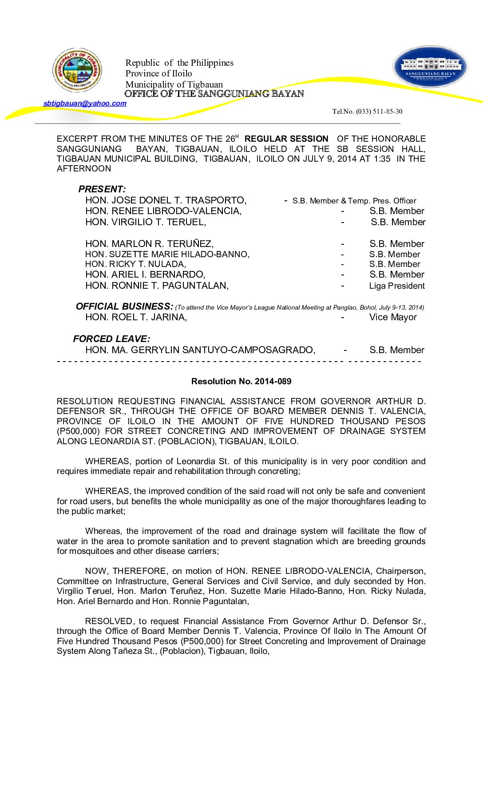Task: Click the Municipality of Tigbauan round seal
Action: [77, 70]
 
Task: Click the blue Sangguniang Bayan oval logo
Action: [430, 67]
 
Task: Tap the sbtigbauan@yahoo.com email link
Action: [85, 103]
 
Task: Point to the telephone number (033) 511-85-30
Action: [367, 111]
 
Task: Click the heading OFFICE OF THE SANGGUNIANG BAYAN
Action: [214, 94]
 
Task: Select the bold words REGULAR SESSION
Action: [286, 139]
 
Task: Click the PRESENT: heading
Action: [102, 189]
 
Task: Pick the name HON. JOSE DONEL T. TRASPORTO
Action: [166, 200]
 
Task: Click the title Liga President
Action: [397, 286]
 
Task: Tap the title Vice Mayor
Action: [393, 317]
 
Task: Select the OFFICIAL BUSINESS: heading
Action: [124, 306]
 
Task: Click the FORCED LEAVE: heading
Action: [111, 339]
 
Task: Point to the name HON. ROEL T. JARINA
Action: [136, 317]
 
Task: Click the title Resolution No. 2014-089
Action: [241, 381]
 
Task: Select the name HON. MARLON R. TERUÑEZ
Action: [149, 244]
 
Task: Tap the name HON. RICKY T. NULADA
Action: [135, 264]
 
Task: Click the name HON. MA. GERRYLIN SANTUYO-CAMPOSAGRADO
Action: [200, 350]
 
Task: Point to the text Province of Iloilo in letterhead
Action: [158, 74]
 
